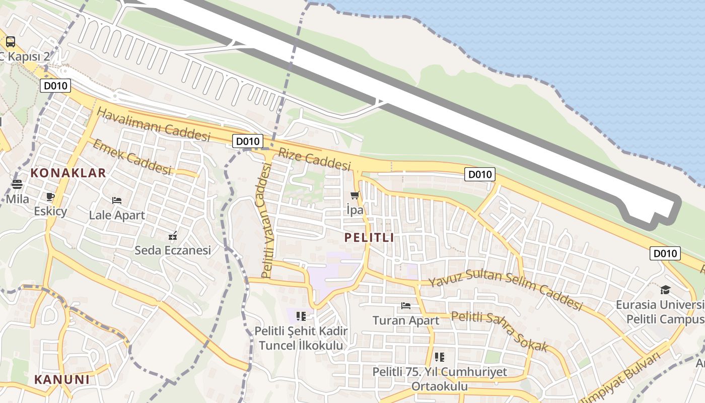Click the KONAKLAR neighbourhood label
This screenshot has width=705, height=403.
[x=68, y=173]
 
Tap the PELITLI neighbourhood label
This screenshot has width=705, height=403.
[x=369, y=237]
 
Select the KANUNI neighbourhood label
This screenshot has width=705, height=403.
[x=62, y=379]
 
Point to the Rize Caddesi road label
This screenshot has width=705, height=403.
[x=314, y=159]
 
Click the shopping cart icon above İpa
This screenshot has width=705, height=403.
[x=355, y=195]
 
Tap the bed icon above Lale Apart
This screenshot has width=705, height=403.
[x=117, y=200]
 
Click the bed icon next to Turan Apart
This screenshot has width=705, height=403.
[x=406, y=305]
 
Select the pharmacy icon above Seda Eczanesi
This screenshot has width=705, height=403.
[x=173, y=235]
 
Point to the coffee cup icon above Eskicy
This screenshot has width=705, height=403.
[x=50, y=196]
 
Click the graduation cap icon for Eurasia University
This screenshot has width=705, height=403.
[x=665, y=290]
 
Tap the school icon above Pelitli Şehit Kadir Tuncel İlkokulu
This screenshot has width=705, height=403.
[x=301, y=316]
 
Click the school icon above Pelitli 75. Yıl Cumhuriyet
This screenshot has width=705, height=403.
[x=440, y=357]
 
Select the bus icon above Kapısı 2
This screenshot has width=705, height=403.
[x=10, y=41]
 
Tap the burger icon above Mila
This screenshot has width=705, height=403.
[x=17, y=184]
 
